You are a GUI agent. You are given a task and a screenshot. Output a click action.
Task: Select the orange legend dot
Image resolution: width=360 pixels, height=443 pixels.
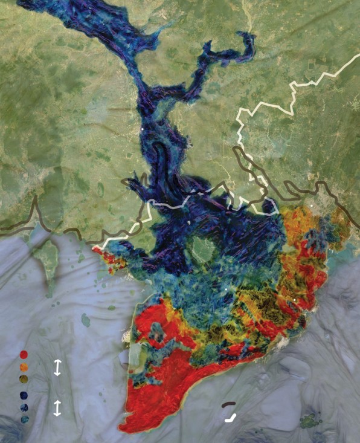point(24,366)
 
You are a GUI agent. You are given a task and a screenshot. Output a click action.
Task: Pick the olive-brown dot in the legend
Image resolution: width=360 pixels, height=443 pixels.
point(24,378)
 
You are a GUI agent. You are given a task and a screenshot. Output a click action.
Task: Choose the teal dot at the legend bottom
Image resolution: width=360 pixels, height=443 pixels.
point(24,418)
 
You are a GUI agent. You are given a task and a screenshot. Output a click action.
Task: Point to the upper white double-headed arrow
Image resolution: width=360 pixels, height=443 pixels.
point(57,367)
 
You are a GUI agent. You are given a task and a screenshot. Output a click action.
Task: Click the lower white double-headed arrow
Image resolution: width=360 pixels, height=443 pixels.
point(57,407)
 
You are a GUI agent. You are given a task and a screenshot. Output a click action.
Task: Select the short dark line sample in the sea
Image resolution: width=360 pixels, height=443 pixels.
point(228,404)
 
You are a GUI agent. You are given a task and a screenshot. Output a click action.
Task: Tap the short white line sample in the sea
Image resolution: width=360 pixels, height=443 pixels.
point(230,416)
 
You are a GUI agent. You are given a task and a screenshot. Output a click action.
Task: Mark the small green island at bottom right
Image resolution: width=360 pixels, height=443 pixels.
point(311,419)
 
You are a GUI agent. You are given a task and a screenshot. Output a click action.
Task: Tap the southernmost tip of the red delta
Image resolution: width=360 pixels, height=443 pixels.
point(123,430)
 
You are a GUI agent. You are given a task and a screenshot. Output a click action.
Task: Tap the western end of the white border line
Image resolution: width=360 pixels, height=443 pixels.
point(94,248)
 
